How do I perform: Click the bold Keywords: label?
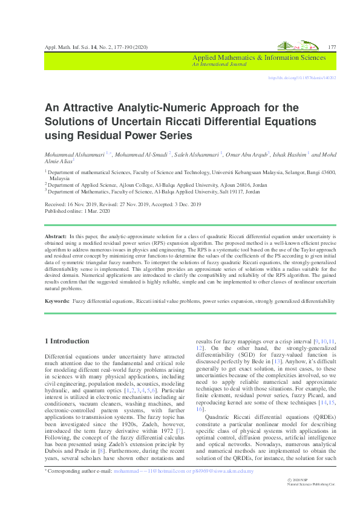(x=58, y=300)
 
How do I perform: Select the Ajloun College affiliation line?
(x=157, y=185)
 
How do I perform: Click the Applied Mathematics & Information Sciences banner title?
(x=259, y=58)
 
